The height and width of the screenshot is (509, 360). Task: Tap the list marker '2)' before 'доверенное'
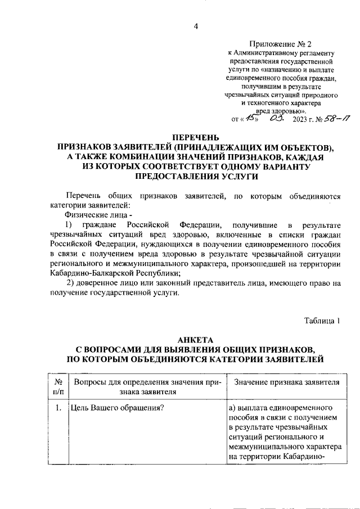coord(71,283)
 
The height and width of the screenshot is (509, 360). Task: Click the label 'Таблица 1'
coord(322,321)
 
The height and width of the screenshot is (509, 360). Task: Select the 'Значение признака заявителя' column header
coord(286,382)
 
